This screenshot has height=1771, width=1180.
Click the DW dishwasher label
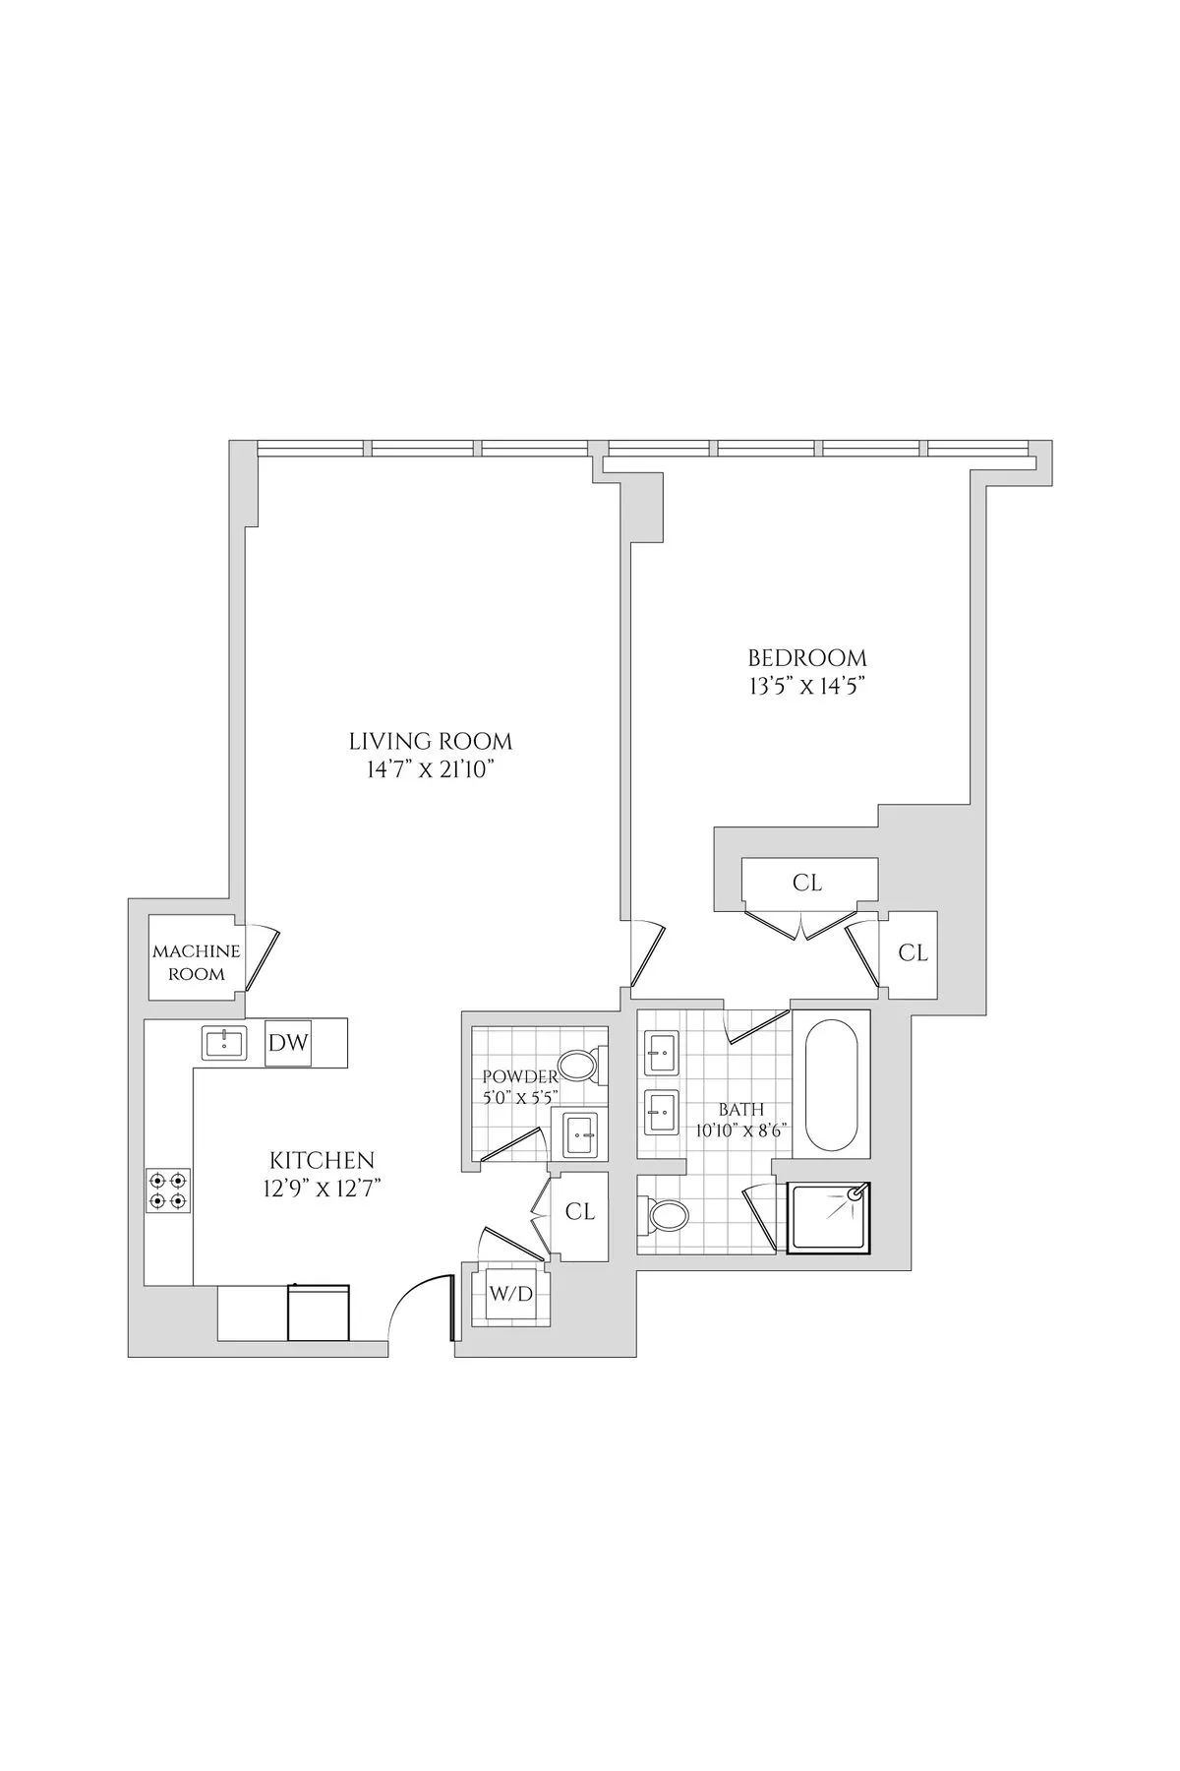pyautogui.click(x=288, y=1044)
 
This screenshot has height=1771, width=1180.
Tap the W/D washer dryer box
pyautogui.click(x=510, y=1294)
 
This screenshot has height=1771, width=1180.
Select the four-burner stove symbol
pyautogui.click(x=168, y=1190)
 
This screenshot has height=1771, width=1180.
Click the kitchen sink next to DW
pyautogui.click(x=225, y=1043)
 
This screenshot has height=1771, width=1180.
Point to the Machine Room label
pyautogui.click(x=196, y=962)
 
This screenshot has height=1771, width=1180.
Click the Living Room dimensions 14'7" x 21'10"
pyautogui.click(x=431, y=770)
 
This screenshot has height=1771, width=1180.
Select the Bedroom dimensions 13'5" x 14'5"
pyautogui.click(x=806, y=686)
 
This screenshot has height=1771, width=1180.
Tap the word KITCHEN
pyautogui.click(x=323, y=1160)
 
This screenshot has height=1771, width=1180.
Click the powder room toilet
pyautogui.click(x=579, y=1066)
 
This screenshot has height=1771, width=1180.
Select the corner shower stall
pyautogui.click(x=830, y=1218)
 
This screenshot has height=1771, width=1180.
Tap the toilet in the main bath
pyautogui.click(x=667, y=1216)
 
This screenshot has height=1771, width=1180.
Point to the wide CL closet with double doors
pyautogui.click(x=807, y=883)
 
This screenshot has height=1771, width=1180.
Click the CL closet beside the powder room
pyautogui.click(x=580, y=1212)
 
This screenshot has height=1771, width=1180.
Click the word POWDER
pyautogui.click(x=520, y=1077)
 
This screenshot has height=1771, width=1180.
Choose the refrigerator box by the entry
pyautogui.click(x=318, y=1313)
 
